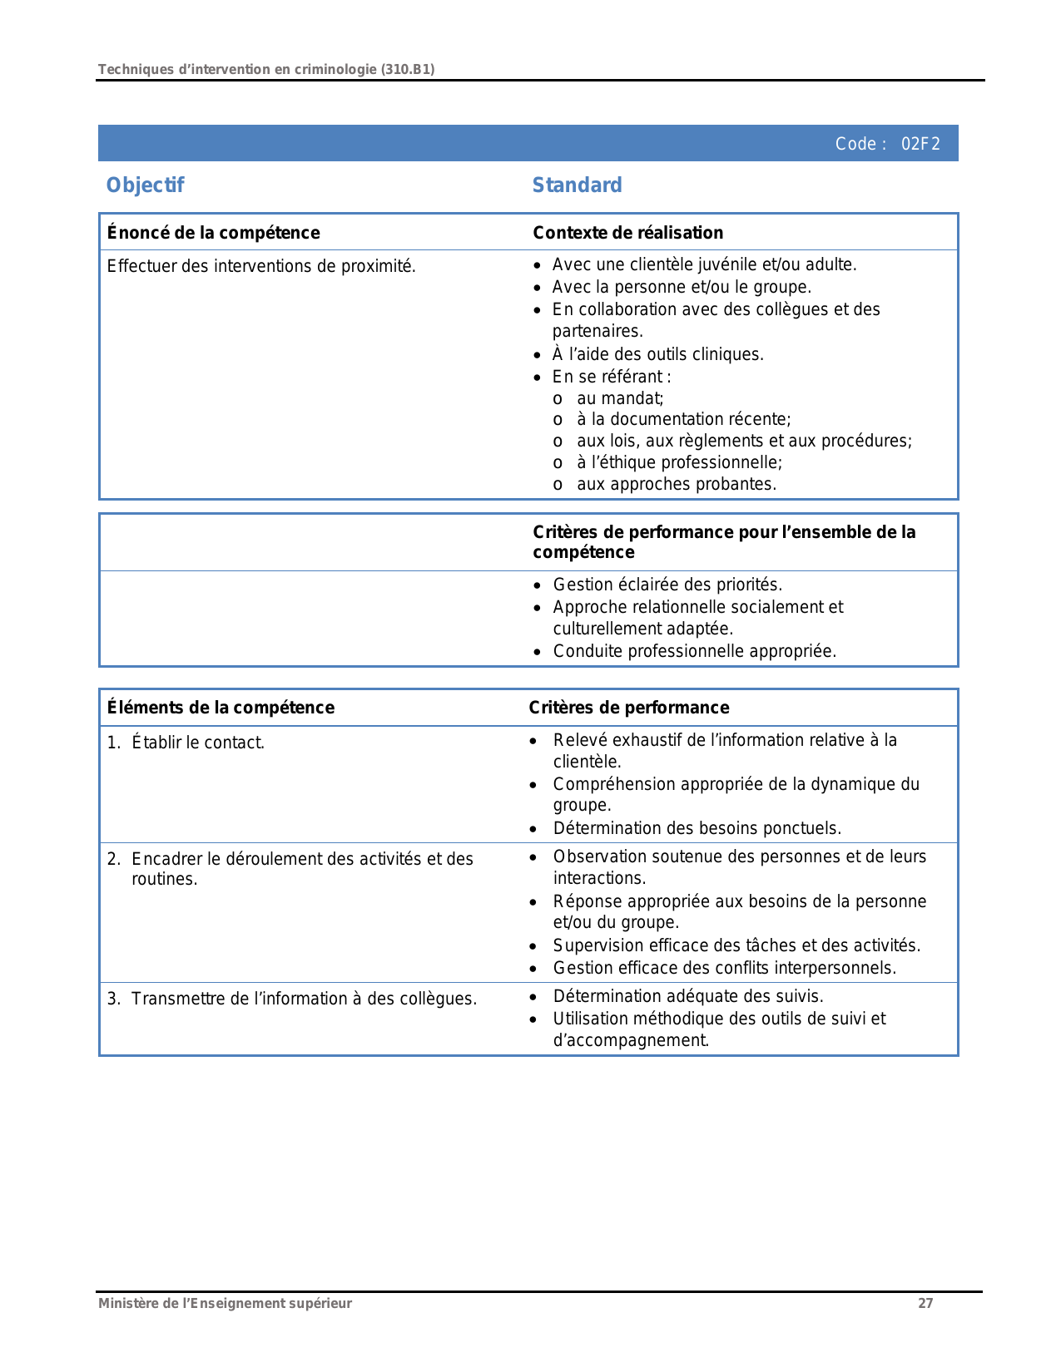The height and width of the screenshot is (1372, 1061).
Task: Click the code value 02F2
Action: click(x=920, y=144)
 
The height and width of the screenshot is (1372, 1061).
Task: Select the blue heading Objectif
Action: click(x=145, y=185)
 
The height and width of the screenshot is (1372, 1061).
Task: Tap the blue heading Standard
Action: click(x=577, y=185)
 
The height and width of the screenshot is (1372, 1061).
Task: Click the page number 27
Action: click(x=925, y=1304)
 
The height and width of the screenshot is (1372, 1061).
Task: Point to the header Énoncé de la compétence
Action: click(x=213, y=233)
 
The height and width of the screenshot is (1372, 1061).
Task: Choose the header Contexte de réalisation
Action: click(x=627, y=233)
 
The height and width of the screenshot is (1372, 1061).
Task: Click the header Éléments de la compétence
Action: click(x=221, y=708)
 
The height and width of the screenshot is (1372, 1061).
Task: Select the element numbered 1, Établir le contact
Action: click(x=197, y=743)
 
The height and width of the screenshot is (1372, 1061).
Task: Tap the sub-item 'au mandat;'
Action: click(x=620, y=398)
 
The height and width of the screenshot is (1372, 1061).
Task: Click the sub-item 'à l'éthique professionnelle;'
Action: click(x=679, y=462)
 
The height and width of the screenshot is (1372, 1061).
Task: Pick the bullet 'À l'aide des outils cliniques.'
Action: click(x=657, y=354)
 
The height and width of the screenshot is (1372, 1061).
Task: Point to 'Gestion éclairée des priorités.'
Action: click(x=667, y=585)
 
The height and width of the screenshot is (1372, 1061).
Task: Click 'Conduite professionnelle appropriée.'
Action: click(x=694, y=651)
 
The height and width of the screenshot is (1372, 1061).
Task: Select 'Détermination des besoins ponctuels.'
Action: click(x=697, y=828)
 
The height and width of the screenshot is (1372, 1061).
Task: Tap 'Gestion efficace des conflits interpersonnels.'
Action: click(x=724, y=968)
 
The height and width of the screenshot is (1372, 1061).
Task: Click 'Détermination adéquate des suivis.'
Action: click(x=687, y=996)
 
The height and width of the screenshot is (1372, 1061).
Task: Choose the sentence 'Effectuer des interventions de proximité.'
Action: click(x=261, y=266)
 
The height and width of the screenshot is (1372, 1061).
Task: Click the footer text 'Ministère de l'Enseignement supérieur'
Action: click(x=225, y=1304)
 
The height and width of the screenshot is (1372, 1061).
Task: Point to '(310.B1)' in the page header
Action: click(x=408, y=70)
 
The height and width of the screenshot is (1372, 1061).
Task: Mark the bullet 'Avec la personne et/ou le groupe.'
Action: click(x=681, y=287)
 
